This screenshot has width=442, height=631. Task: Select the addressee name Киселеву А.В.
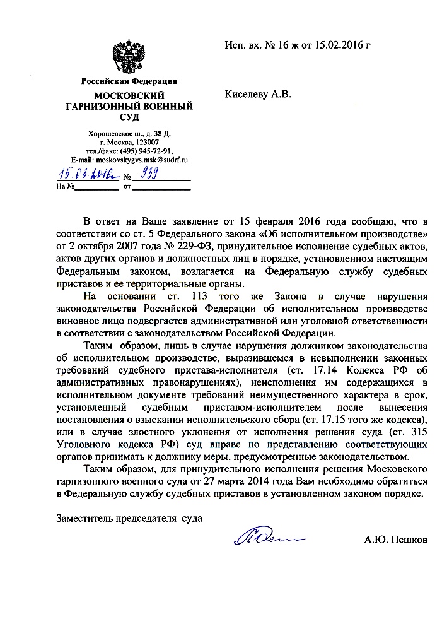point(258,95)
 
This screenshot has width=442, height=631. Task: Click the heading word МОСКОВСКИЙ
point(129,95)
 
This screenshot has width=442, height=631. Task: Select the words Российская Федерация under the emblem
point(129,81)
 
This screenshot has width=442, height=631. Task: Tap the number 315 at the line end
point(419,432)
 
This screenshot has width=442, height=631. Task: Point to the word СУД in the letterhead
point(129,117)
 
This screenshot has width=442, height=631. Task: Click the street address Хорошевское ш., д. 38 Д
point(129,134)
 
